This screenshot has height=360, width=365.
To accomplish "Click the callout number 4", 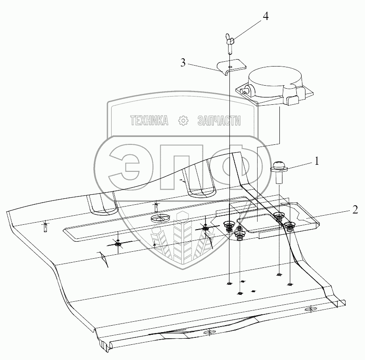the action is pyautogui.click(x=265, y=17).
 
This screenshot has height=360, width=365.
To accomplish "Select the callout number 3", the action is pyautogui.click(x=183, y=63).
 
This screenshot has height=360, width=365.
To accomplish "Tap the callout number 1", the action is pyautogui.click(x=317, y=161).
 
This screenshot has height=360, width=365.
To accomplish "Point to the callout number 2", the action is pyautogui.click(x=355, y=210).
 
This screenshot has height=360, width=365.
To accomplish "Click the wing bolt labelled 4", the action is pyautogui.click(x=230, y=43).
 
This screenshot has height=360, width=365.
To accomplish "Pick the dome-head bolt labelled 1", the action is pyautogui.click(x=279, y=171).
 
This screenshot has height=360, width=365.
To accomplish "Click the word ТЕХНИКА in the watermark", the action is pyautogui.click(x=149, y=121).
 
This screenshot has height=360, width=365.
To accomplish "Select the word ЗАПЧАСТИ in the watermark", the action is pyautogui.click(x=219, y=121).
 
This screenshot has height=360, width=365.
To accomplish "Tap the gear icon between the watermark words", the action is pyautogui.click(x=183, y=121).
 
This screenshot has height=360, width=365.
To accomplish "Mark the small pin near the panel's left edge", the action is pyautogui.click(x=45, y=227).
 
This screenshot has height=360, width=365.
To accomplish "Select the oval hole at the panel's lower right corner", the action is pyautogui.click(x=311, y=310).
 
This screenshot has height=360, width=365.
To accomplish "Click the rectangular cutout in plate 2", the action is pyautogui.click(x=256, y=224).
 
